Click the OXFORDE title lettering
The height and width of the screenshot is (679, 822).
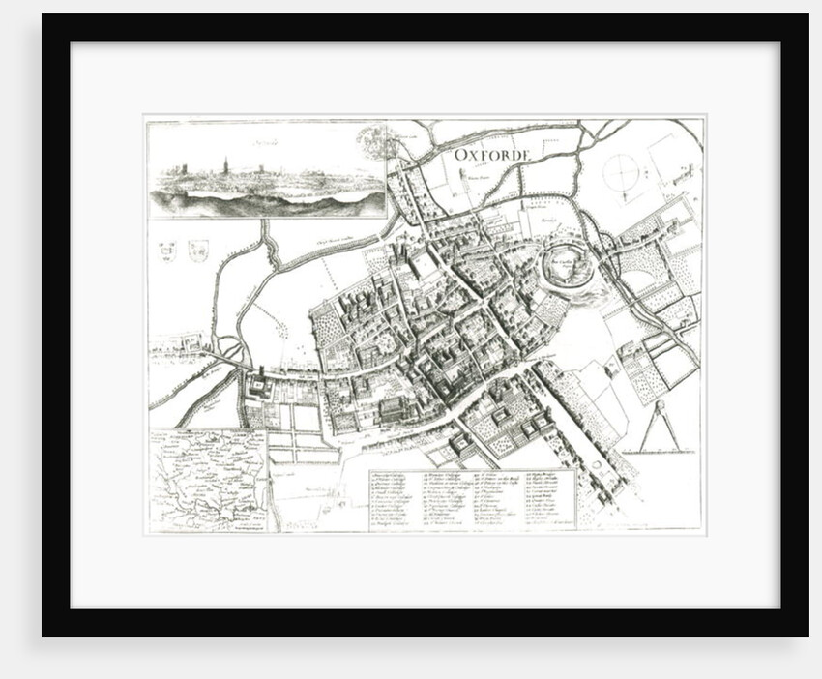pyautogui.click(x=494, y=155)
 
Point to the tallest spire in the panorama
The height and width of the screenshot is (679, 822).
pyautogui.click(x=225, y=162)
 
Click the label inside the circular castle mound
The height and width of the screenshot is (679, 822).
pyautogui.click(x=564, y=261)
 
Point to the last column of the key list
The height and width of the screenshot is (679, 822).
pyautogui.click(x=549, y=499)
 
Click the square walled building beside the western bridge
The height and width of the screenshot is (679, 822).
pyautogui.click(x=260, y=389)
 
